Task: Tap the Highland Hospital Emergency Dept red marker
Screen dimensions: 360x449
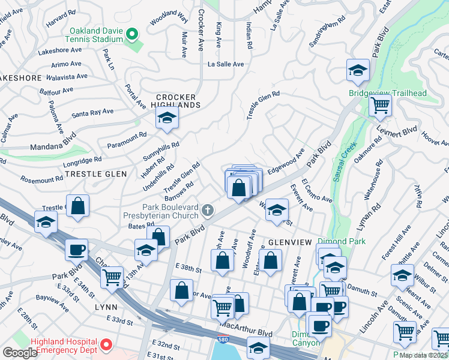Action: coord(106,345)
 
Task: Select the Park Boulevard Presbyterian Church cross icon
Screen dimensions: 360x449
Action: coord(207,210)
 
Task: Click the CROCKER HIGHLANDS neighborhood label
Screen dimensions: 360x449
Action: coord(176,101)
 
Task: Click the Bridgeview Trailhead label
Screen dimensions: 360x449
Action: coord(388,93)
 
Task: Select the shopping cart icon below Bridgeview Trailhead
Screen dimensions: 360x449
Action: coord(380,106)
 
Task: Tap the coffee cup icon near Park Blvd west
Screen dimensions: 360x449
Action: coord(76,249)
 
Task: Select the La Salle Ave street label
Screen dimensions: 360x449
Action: coord(226,64)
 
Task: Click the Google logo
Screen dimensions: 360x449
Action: coord(20,353)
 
